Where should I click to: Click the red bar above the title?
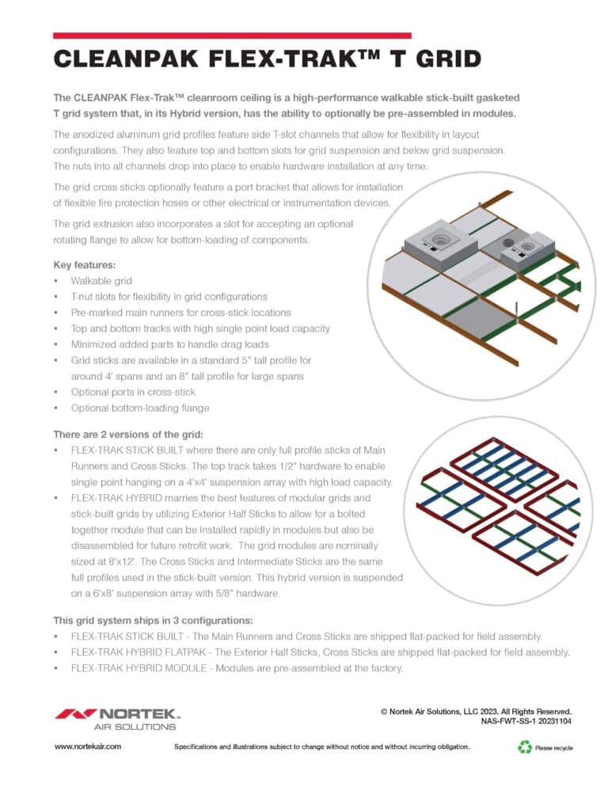[232, 36]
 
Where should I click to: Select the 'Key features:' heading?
[85, 264]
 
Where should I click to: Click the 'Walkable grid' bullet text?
[102, 280]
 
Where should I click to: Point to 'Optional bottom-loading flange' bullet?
[140, 408]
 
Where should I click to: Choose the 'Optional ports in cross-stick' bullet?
[133, 392]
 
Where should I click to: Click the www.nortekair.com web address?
[87, 747]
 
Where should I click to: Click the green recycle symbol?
[524, 746]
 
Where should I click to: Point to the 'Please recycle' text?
[554, 747]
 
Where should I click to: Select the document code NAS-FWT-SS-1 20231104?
[526, 721]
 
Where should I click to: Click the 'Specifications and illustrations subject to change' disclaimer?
[321, 747]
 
